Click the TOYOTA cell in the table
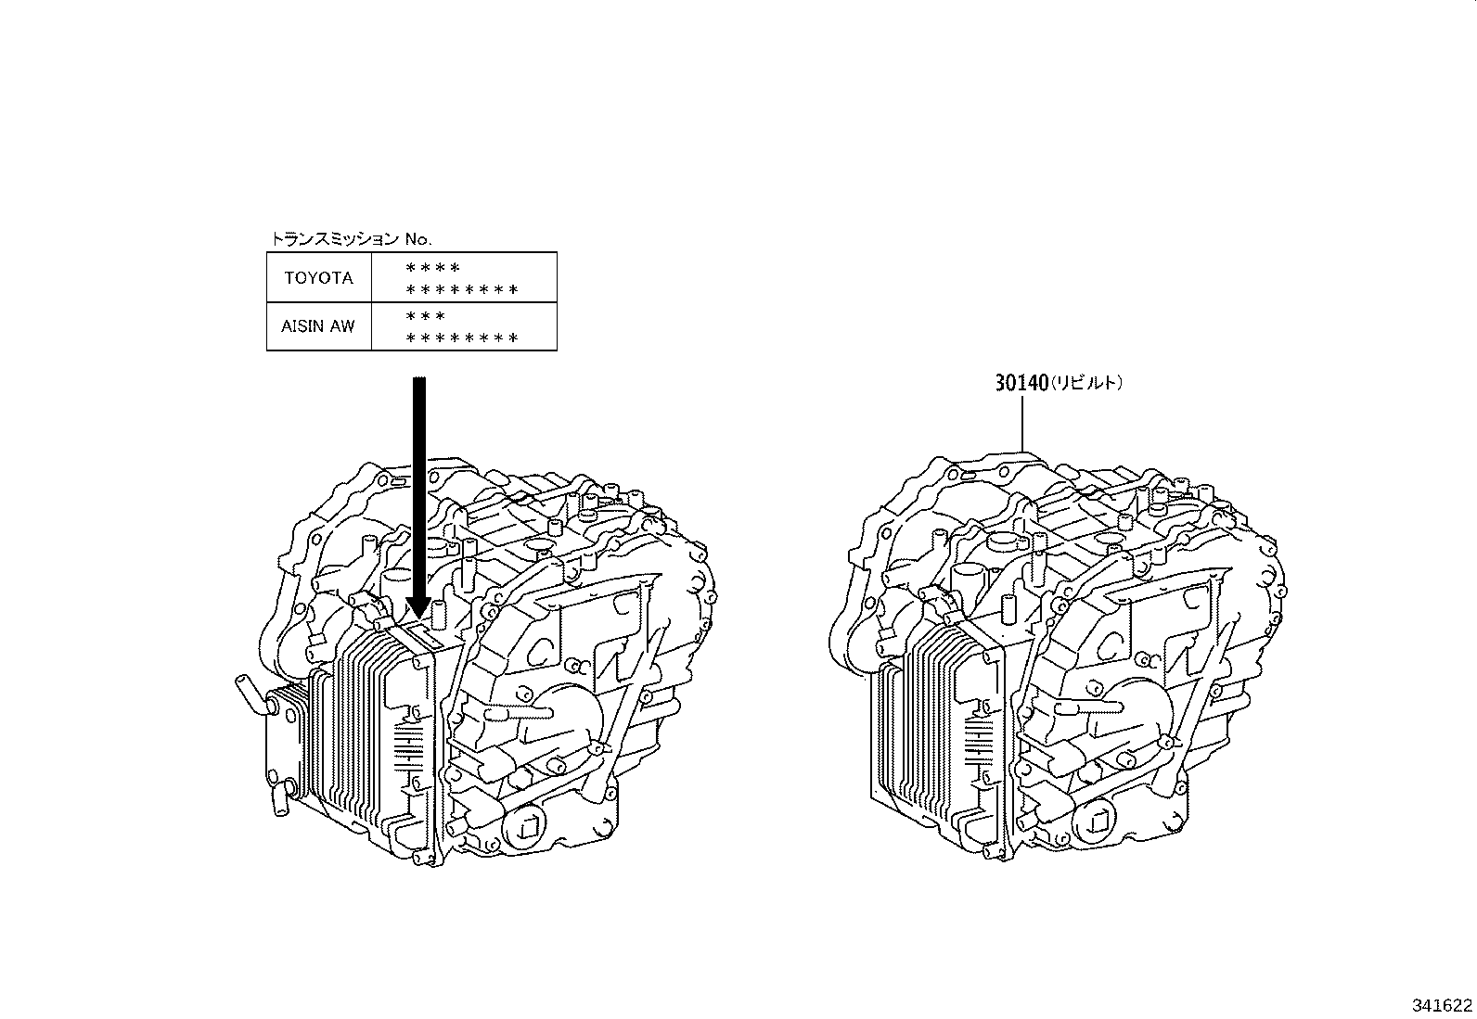click(x=319, y=277)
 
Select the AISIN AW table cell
click(x=319, y=326)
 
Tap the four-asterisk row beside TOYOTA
click(x=432, y=268)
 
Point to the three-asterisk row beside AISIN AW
click(x=425, y=316)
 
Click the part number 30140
click(x=1021, y=383)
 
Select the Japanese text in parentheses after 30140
click(x=1086, y=383)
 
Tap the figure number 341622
click(x=1442, y=1005)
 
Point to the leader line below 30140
click(x=1022, y=423)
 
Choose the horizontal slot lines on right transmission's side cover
click(x=980, y=743)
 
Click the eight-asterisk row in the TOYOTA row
click(x=462, y=289)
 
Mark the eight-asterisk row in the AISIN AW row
click(x=462, y=338)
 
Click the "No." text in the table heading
click(x=418, y=239)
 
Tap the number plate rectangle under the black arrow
click(x=428, y=633)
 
